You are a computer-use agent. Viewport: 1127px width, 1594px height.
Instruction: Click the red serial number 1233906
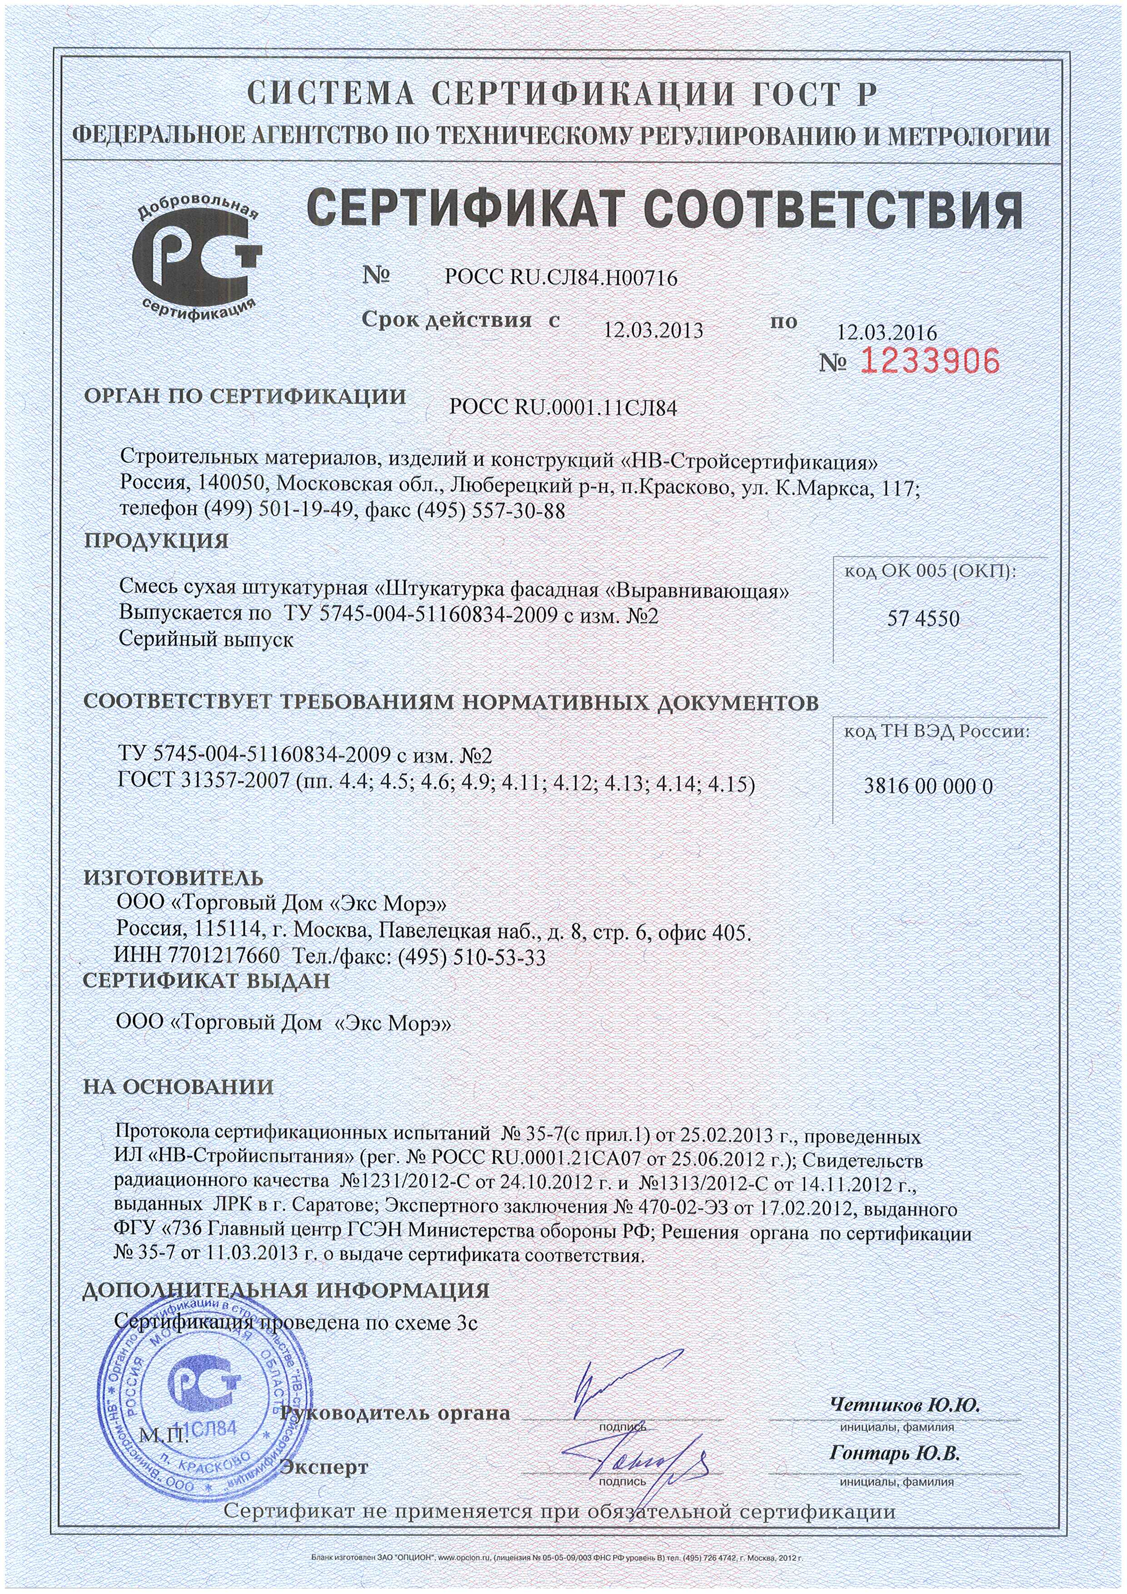pos(931,361)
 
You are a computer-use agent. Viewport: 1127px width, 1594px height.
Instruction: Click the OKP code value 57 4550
pos(923,618)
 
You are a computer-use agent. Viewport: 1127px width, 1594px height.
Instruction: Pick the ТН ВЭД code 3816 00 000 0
pos(928,786)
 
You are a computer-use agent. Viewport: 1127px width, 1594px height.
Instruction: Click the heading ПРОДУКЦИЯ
pos(156,540)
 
